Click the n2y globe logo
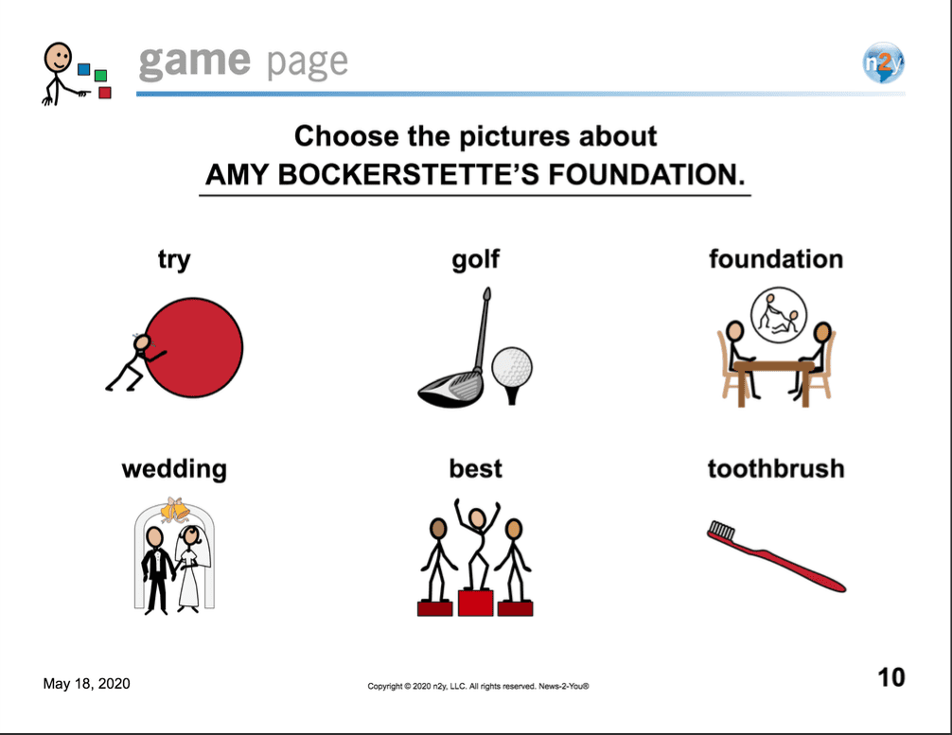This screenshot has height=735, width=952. (884, 62)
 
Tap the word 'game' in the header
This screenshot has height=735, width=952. (194, 61)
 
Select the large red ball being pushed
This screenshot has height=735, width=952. (194, 347)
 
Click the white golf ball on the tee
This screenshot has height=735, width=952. (512, 367)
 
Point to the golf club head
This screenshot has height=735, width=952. (450, 389)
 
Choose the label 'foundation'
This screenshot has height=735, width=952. (776, 259)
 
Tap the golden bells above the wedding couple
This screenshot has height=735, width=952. (175, 510)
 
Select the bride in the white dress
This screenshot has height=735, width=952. (190, 568)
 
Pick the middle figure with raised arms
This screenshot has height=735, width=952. (477, 544)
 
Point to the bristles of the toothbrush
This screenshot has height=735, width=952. (722, 530)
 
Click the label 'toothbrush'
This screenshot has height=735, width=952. (776, 468)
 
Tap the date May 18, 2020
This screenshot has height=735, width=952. (86, 683)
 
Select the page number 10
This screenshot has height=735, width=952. (891, 677)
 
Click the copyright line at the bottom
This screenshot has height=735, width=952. (478, 687)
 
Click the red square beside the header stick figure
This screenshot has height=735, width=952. (104, 93)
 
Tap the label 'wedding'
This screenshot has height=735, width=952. (174, 469)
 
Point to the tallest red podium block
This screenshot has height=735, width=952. (475, 602)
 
